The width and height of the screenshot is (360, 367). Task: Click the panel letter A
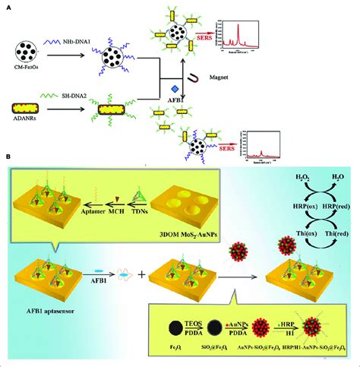click(x=8, y=5)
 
